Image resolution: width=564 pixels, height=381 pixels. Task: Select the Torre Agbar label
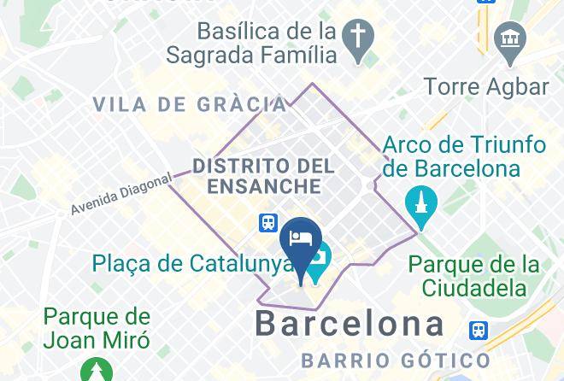487,86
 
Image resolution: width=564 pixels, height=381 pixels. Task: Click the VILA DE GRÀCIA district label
190,105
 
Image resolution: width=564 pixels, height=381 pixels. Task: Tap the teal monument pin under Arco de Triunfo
421,204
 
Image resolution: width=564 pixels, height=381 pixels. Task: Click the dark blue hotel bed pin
300,239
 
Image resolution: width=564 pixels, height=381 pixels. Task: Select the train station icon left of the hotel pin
268,223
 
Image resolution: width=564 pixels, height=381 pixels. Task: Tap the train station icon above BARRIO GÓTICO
479,330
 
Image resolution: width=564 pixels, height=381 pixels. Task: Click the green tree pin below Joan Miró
96,370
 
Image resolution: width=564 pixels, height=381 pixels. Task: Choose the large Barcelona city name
350,324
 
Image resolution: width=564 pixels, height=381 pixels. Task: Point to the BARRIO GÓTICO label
395,360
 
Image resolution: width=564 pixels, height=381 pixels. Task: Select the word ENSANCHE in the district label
256,185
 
